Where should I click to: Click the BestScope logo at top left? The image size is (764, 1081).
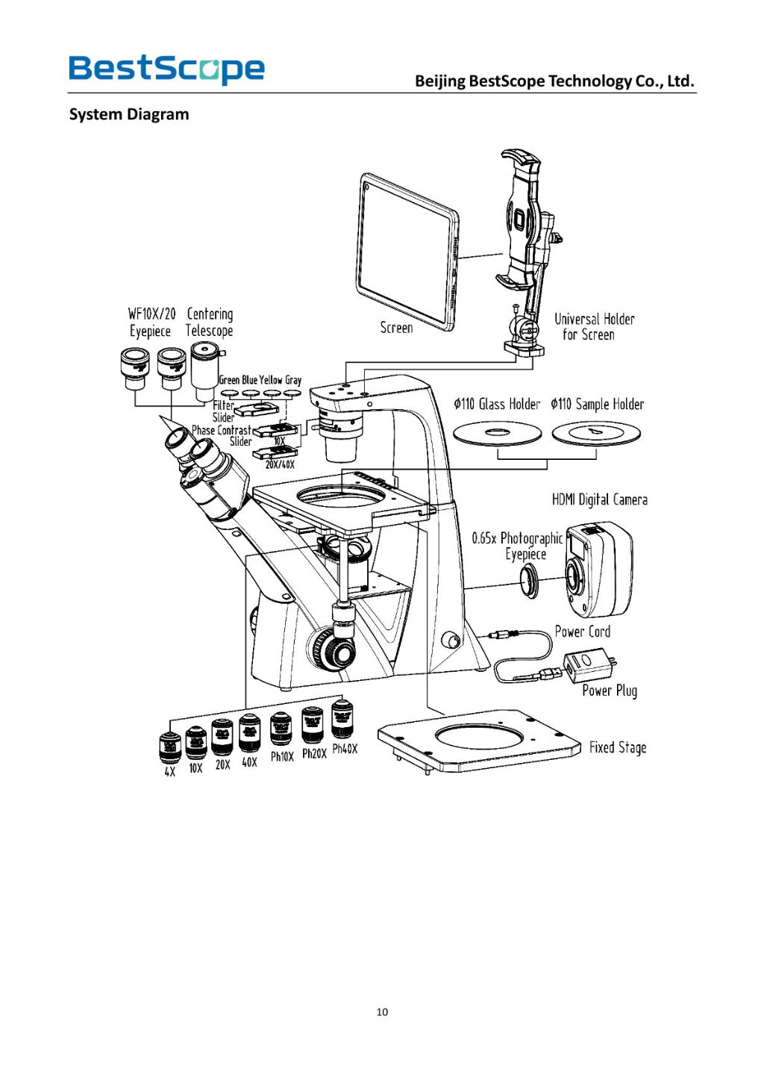[166, 69]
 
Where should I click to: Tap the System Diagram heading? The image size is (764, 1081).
[129, 114]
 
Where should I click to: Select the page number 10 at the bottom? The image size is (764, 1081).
[382, 1012]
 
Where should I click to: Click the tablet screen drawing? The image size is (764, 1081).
[407, 252]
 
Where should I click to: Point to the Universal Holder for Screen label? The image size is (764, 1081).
[594, 327]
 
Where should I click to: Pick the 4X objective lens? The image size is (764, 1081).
[170, 747]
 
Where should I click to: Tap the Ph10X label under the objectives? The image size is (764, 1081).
[282, 756]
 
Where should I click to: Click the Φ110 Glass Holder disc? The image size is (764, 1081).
[497, 433]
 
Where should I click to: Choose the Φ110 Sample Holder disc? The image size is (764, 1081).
[596, 433]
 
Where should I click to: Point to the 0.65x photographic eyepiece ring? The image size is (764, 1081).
[531, 579]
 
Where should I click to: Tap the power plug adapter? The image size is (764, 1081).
[588, 664]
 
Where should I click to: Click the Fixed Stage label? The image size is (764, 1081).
[618, 747]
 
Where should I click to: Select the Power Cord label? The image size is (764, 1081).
[582, 632]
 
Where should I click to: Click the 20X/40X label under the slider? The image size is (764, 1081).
[280, 464]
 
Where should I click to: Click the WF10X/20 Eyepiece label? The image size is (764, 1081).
[151, 323]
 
